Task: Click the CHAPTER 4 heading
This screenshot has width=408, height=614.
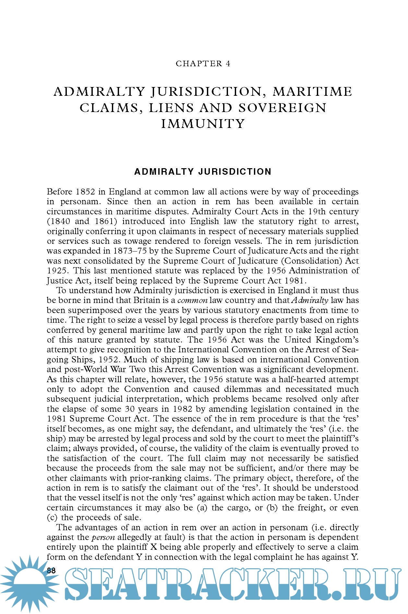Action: tap(203, 64)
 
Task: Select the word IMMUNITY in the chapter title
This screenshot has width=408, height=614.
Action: tap(203, 124)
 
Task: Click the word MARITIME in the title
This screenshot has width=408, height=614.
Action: tap(312, 92)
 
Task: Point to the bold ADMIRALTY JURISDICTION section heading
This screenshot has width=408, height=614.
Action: tap(203, 172)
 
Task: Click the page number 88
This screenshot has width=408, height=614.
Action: tap(51, 570)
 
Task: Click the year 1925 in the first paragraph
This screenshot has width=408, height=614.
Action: tap(57, 271)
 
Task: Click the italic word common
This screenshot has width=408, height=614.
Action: tap(192, 300)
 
